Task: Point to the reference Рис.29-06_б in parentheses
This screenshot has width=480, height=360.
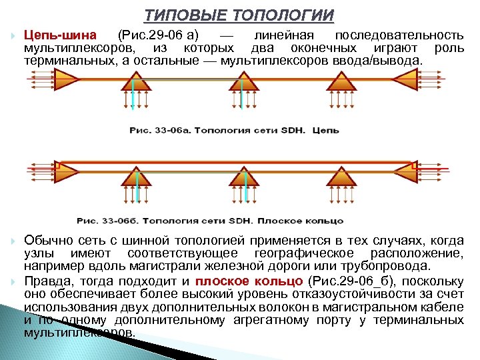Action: click(x=347, y=280)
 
